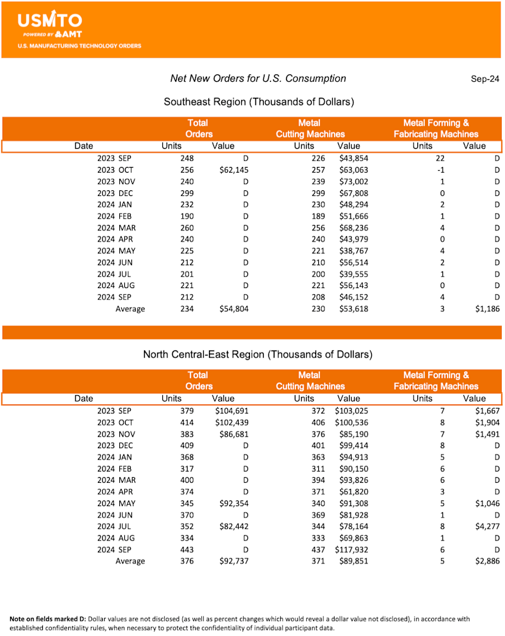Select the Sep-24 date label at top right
[x=485, y=79]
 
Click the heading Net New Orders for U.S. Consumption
[x=258, y=79]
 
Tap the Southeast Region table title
[x=258, y=101]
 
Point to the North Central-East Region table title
[x=258, y=354]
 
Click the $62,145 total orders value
[x=231, y=170]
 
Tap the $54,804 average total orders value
[x=231, y=309]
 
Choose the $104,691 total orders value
[x=229, y=411]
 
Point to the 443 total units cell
[x=186, y=550]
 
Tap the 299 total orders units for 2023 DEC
[x=186, y=193]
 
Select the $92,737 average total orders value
[x=231, y=561]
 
